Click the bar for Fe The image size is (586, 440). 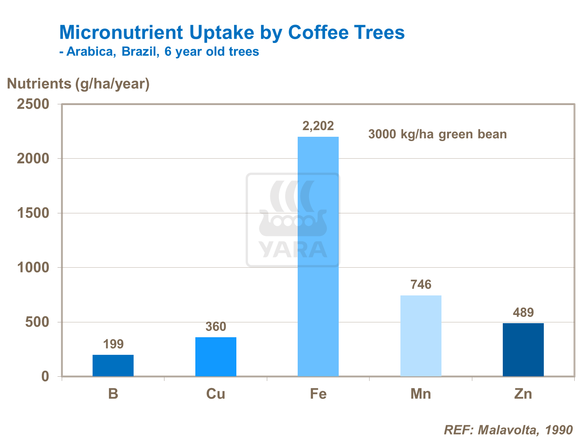318,256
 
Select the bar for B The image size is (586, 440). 113,365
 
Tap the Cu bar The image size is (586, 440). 216,356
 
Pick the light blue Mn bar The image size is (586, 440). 421,336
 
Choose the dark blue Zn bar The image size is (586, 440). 523,349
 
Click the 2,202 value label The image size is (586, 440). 318,126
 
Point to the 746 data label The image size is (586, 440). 421,284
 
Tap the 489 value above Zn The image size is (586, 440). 523,313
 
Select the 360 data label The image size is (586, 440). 216,327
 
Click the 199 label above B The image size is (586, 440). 113,344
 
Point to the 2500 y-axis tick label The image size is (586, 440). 33,104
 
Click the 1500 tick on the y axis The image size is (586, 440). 33,213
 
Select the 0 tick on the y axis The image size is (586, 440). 45,376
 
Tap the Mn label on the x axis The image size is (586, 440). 421,394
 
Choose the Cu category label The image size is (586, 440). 216,394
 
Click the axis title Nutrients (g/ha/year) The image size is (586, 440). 78,84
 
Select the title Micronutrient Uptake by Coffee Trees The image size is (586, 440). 232,32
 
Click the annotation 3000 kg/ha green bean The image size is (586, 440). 438,134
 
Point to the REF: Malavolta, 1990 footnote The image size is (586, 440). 508,430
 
